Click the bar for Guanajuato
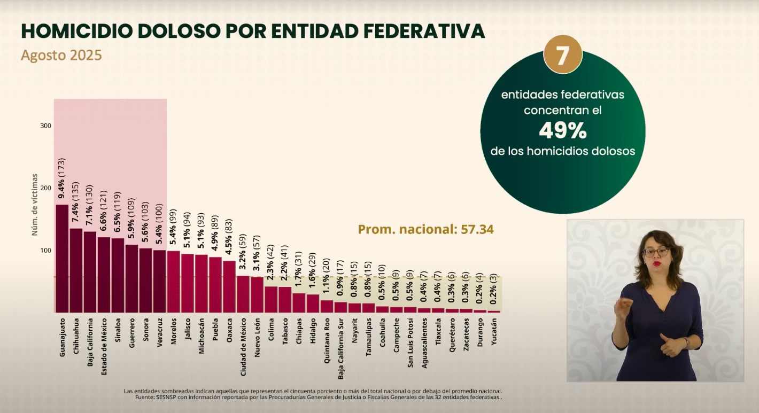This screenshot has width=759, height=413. click(62, 259)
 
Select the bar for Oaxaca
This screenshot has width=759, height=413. click(229, 286)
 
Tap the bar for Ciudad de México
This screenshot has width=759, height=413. click(243, 294)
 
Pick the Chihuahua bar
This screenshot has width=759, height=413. click(76, 270)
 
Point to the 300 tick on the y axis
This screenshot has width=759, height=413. click(46, 126)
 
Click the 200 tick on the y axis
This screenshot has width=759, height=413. click(46, 188)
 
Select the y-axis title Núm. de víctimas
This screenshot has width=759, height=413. click(34, 205)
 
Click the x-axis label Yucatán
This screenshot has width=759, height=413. click(494, 332)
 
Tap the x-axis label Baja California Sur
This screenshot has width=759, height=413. click(340, 349)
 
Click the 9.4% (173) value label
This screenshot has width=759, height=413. click(61, 178)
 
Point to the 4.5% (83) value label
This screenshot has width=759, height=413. click(229, 237)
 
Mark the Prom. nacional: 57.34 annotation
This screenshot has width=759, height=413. click(426, 229)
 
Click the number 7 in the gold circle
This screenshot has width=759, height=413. click(562, 56)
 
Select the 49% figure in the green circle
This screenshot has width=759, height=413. click(563, 131)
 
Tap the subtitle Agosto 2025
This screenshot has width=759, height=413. click(61, 55)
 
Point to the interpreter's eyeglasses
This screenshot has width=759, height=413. click(656, 252)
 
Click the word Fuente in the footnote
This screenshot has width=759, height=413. click(145, 397)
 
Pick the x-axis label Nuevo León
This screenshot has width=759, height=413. click(257, 338)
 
